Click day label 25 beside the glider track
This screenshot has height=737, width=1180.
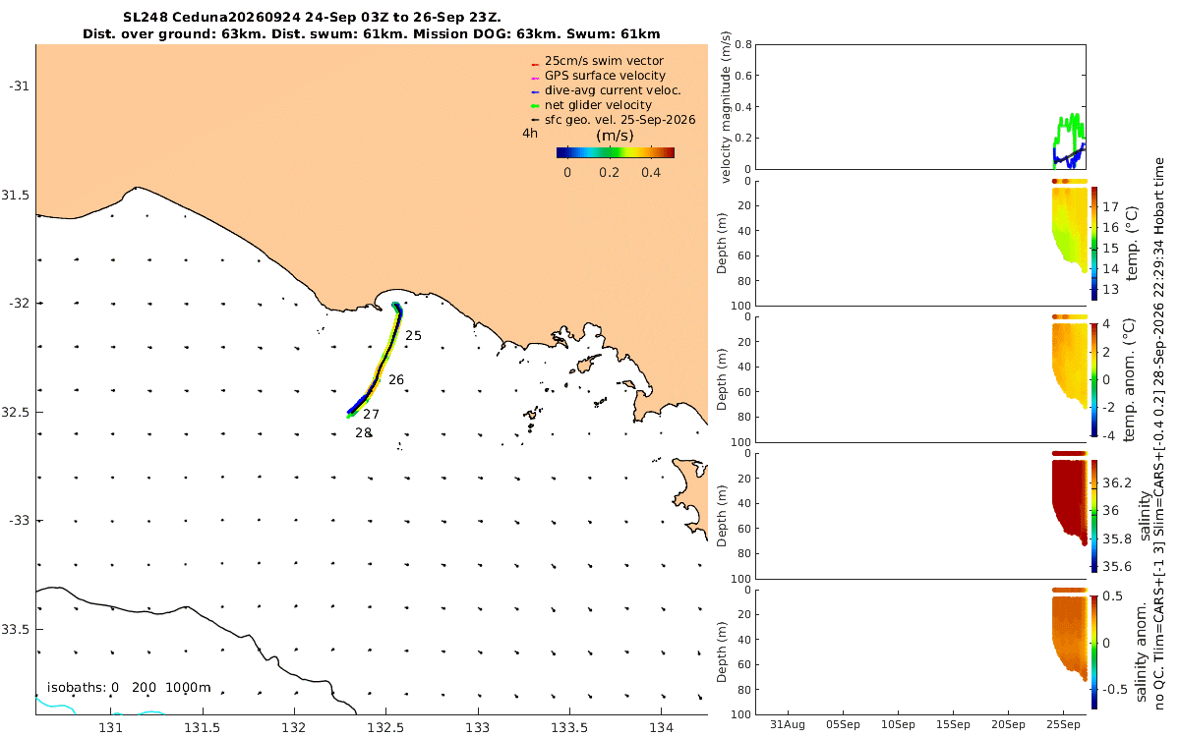point(414,336)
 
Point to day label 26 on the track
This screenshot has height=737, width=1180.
point(396,380)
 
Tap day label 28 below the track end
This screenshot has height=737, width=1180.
point(363,432)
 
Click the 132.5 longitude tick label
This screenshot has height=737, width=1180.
point(385,727)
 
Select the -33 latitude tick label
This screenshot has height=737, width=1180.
point(19,521)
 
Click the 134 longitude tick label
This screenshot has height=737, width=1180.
point(662,727)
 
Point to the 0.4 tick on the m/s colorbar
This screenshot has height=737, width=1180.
point(651,173)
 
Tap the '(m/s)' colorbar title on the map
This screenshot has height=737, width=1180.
point(615,136)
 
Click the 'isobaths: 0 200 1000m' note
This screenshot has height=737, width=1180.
point(129,688)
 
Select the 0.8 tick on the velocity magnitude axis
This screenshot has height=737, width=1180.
point(743,45)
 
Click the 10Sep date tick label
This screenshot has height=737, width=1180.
point(898,724)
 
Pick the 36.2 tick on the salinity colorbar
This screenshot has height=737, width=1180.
point(1117,483)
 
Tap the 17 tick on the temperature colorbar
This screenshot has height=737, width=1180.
point(1111,207)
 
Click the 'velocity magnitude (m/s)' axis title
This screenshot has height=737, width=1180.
point(726,107)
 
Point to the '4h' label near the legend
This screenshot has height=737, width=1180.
point(530,134)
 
